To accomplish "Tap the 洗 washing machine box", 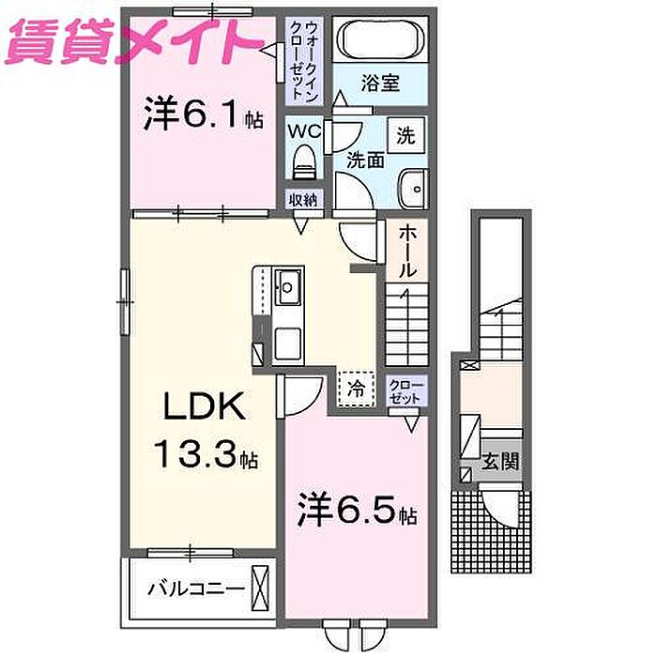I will click(405, 135).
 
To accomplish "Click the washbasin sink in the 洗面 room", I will click(410, 188).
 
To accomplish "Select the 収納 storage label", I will click(302, 199).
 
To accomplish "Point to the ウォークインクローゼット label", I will click(301, 60).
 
